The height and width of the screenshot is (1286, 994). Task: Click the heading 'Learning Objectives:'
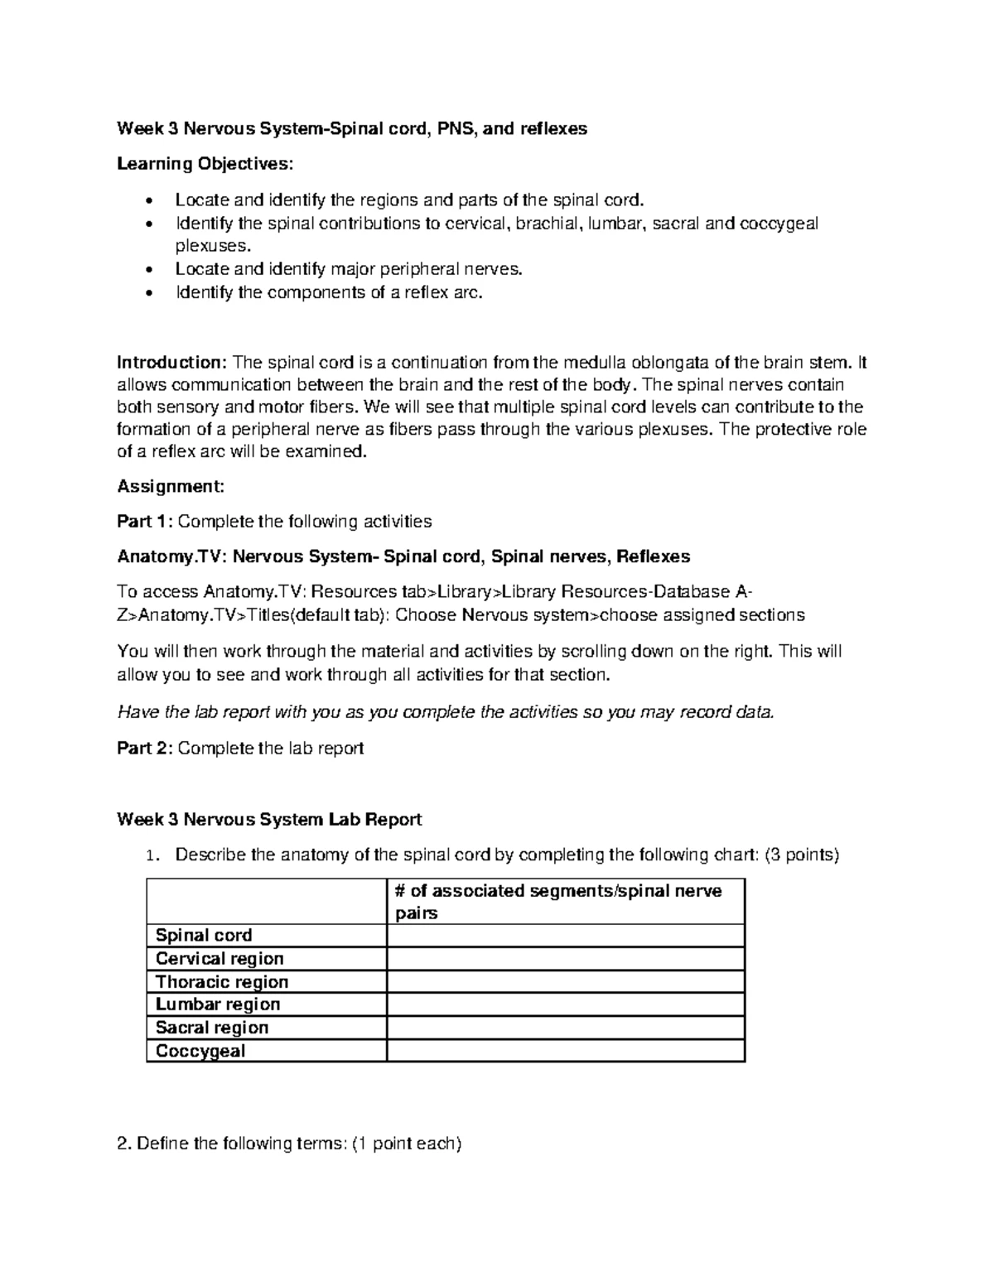(x=205, y=164)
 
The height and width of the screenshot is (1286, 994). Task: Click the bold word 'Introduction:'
(x=171, y=363)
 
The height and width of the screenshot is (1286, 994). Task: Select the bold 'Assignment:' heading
(x=171, y=486)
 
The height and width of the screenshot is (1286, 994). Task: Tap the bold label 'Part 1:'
(x=145, y=521)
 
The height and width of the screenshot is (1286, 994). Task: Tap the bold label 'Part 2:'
(x=145, y=748)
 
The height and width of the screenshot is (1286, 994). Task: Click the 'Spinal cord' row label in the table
(x=204, y=935)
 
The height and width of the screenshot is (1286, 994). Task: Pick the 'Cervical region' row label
(x=220, y=958)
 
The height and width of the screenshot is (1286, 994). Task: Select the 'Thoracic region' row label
(x=222, y=981)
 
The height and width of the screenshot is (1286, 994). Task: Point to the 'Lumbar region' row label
(x=218, y=1004)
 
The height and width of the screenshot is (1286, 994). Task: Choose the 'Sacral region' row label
(x=212, y=1028)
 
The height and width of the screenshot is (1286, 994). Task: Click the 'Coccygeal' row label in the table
(x=200, y=1051)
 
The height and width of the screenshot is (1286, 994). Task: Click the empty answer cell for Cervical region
(x=566, y=958)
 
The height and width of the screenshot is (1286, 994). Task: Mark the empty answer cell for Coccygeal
(x=566, y=1051)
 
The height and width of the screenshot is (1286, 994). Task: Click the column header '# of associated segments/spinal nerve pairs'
(x=558, y=902)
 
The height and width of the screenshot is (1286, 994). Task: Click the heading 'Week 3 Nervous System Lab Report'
(x=269, y=819)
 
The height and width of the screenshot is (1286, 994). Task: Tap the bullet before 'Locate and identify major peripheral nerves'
(x=148, y=270)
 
